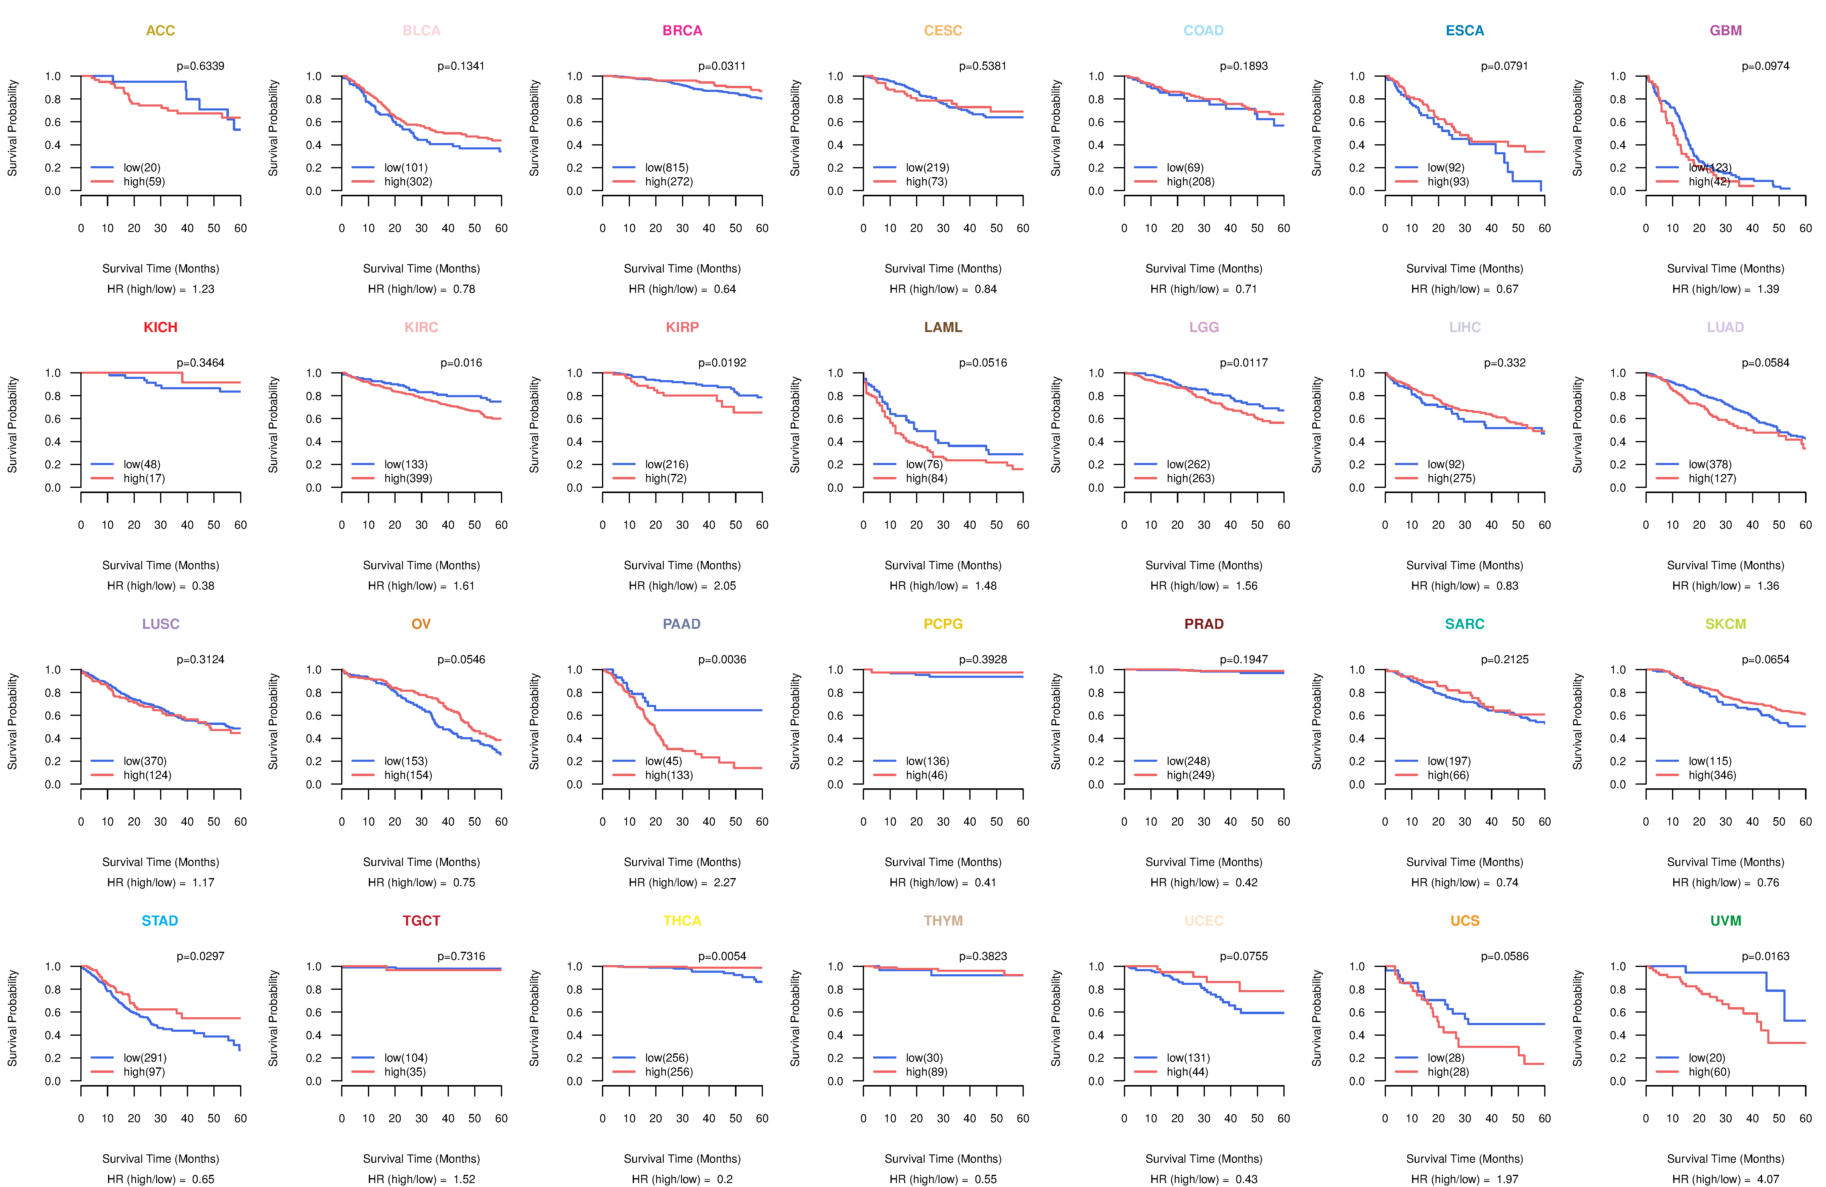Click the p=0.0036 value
coord(722,659)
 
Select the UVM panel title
coord(1726,921)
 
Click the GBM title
coord(1726,31)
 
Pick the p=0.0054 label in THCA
coord(722,956)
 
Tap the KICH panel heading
coord(160,327)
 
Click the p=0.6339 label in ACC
coord(200,66)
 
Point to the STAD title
coord(159,921)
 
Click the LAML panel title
coord(943,327)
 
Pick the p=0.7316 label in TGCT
coord(461,956)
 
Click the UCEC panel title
coord(1204,921)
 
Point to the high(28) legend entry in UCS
coord(1448,1072)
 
